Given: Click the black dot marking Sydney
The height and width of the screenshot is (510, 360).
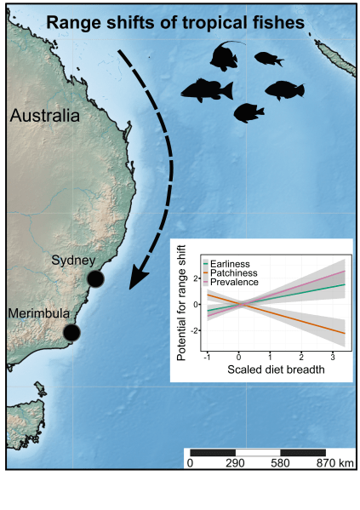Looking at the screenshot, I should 95,279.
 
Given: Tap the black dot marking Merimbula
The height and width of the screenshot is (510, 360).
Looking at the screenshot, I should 71,332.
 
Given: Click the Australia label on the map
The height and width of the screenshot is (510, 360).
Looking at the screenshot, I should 45,116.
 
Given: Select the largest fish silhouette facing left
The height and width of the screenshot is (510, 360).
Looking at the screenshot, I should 206,89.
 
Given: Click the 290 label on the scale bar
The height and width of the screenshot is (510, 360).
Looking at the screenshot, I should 235,463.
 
